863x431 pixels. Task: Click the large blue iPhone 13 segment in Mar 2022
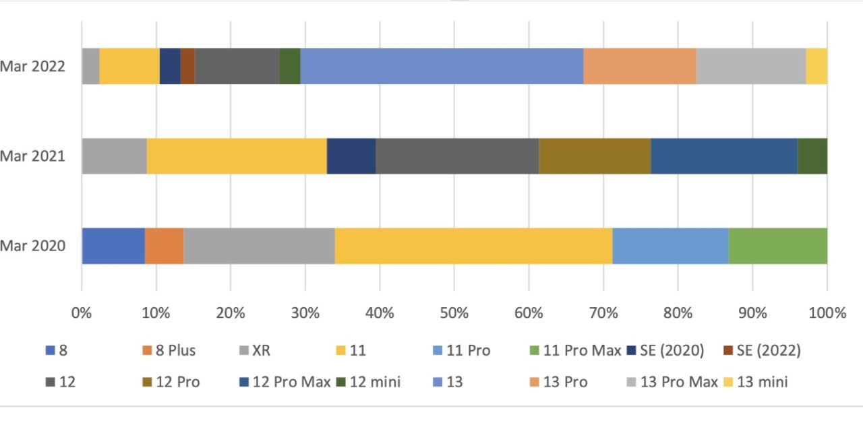442,66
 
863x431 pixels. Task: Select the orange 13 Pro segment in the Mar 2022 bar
639,66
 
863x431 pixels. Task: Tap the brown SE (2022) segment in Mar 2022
187,66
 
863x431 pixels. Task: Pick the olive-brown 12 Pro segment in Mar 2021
595,156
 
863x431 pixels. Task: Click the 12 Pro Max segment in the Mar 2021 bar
723,156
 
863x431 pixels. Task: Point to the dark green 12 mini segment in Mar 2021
812,156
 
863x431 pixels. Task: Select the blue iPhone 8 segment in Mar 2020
113,246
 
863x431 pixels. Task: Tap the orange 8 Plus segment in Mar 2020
164,246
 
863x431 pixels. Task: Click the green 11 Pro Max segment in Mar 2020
777,246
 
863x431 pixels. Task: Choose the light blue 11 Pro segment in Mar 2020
670,246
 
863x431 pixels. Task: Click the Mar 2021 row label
32,156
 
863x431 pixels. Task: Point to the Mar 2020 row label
32,246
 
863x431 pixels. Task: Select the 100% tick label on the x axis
827,313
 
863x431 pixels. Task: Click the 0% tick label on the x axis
82,313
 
